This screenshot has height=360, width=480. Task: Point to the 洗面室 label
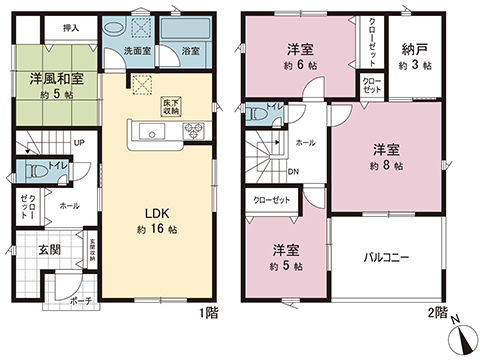pyautogui.click(x=137, y=49)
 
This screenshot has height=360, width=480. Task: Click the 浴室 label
pyautogui.click(x=188, y=49)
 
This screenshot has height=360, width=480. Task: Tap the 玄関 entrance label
pyautogui.click(x=51, y=248)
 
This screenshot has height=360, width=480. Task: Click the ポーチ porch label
pyautogui.click(x=81, y=299)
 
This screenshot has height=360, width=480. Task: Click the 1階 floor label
pyautogui.click(x=208, y=313)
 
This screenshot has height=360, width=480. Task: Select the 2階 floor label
pyautogui.click(x=437, y=313)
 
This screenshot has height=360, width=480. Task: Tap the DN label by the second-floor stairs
pyautogui.click(x=293, y=170)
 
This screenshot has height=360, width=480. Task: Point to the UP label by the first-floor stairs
pyautogui.click(x=79, y=142)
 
